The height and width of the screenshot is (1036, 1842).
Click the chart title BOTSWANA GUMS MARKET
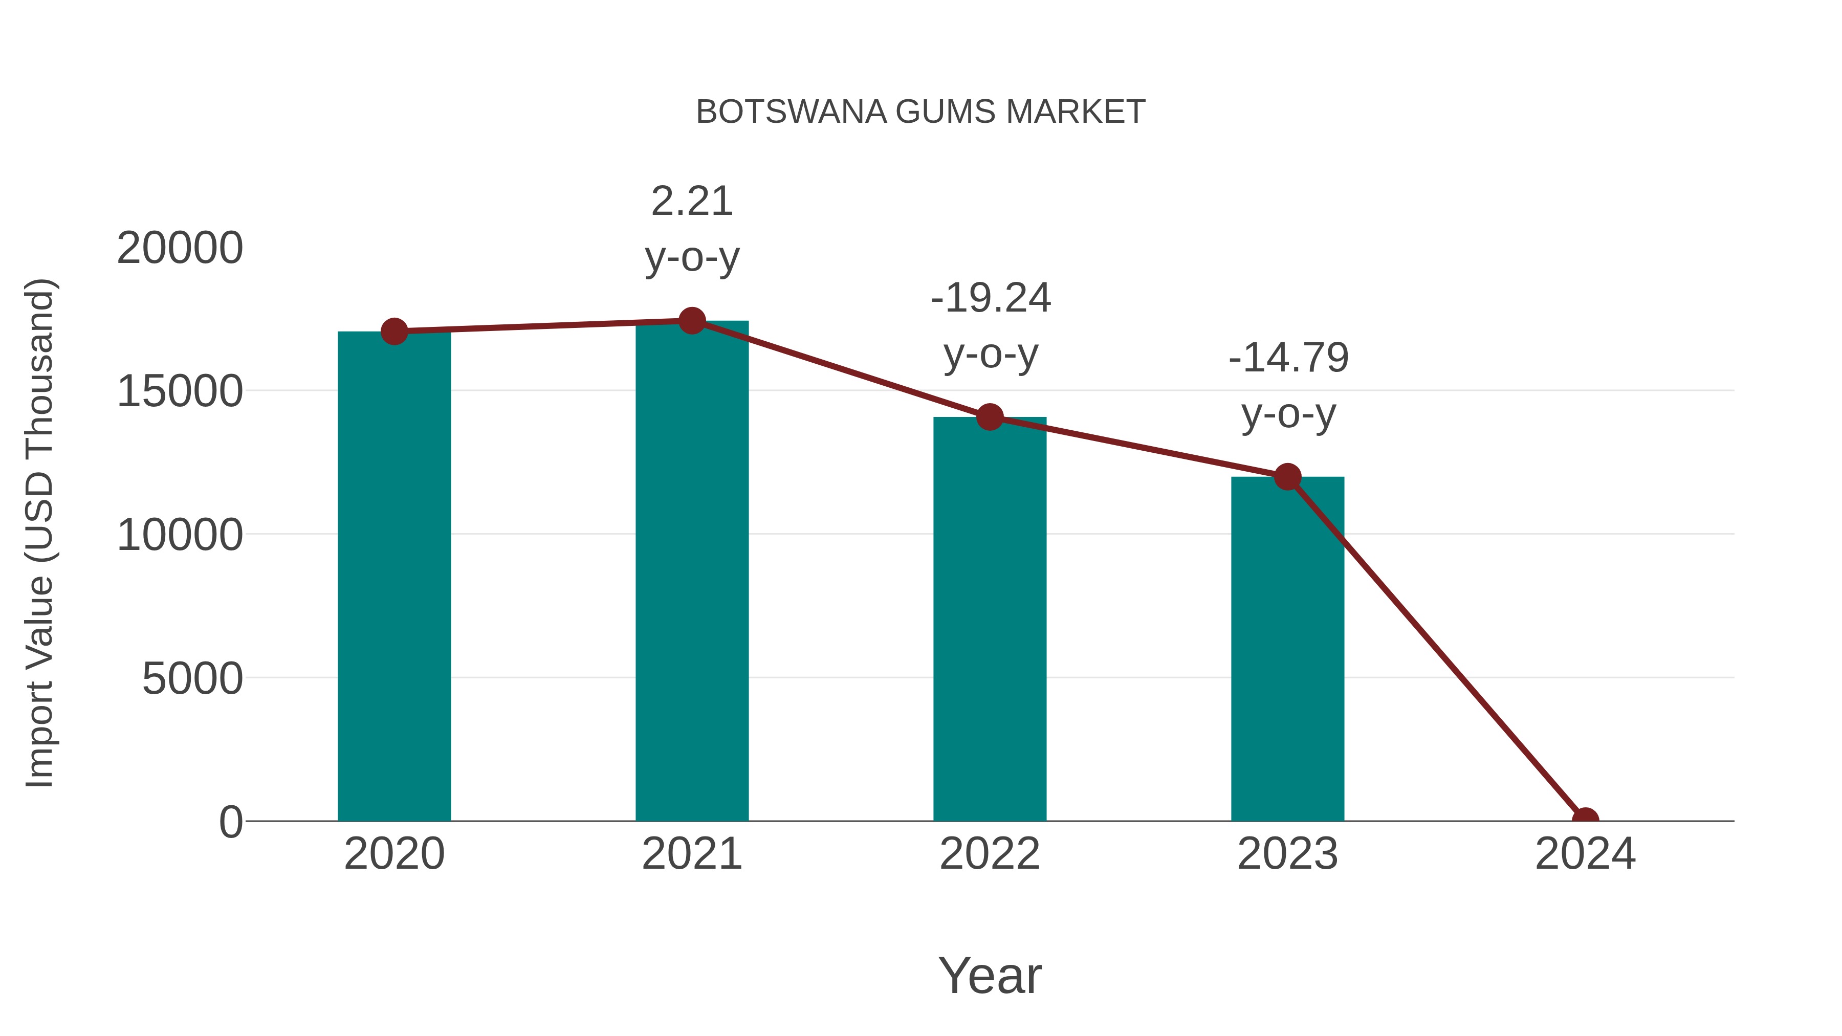point(920,112)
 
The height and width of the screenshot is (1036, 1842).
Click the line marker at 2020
point(394,331)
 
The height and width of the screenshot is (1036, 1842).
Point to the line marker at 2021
point(691,321)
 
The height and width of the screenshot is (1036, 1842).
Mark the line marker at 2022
point(990,417)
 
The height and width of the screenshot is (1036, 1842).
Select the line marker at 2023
point(1287,477)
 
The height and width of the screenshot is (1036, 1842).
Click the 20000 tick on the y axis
point(180,248)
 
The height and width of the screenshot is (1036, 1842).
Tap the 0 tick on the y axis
point(230,822)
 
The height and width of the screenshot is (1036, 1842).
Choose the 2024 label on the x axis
point(1585,854)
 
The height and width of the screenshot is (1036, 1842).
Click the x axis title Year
point(990,975)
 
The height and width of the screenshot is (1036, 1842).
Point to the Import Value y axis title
point(40,533)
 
